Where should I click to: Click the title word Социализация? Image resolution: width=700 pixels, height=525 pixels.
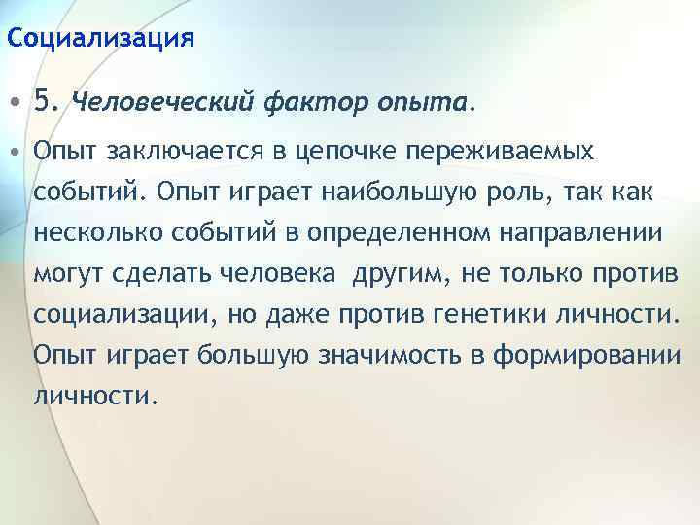(100, 39)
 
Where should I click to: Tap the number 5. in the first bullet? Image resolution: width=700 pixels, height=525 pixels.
(48, 99)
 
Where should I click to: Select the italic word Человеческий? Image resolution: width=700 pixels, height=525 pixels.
(162, 100)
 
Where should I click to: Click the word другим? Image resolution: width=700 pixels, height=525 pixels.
(395, 275)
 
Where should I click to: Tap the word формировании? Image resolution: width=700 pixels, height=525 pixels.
(596, 357)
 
